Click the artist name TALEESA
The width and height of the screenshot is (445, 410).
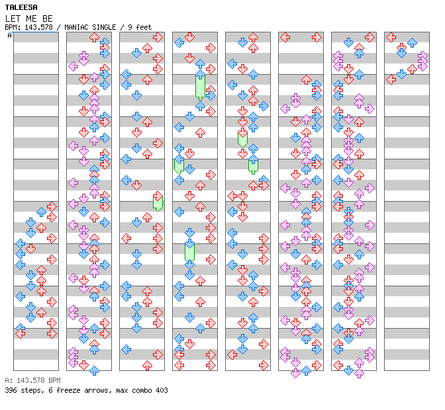21,7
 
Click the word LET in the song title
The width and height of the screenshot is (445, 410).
13,18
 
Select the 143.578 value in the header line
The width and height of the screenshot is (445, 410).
37,27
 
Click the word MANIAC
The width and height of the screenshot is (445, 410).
74,27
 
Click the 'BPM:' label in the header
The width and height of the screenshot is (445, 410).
13,27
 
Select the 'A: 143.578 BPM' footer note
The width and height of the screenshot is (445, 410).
32,380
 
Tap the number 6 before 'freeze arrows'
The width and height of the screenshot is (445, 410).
46,390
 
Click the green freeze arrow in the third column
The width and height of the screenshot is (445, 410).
158,201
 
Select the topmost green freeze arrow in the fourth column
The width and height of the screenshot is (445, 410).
200,86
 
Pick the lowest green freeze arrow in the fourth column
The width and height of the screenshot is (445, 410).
189,252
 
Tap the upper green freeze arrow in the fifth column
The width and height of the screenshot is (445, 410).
242,138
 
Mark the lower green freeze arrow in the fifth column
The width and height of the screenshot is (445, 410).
253,165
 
